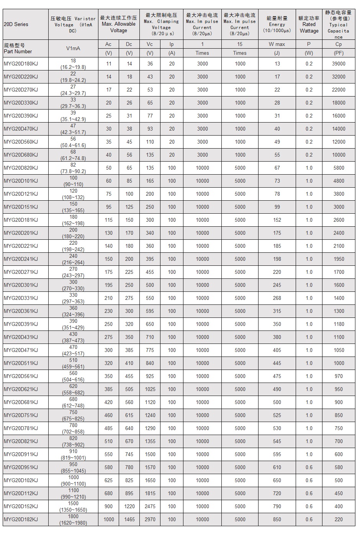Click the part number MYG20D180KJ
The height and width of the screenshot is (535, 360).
(21, 64)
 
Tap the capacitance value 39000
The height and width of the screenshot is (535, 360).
(339, 64)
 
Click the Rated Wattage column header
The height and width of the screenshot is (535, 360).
(309, 24)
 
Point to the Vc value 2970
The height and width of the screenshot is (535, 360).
(150, 520)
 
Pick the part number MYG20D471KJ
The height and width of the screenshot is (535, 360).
(21, 350)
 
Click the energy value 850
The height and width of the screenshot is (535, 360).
(277, 520)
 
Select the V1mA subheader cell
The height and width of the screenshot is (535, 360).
(73, 49)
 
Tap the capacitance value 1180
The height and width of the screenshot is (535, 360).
(339, 324)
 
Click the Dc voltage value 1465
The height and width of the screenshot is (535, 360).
(129, 520)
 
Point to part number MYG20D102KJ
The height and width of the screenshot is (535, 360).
(21, 481)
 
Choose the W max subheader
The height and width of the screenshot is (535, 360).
(277, 44)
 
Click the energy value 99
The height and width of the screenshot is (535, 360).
(277, 207)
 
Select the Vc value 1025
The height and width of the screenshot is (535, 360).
(150, 389)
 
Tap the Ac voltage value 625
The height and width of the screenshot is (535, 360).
(109, 481)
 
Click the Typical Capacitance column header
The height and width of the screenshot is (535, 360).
(339, 24)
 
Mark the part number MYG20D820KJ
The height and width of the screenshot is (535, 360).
(21, 168)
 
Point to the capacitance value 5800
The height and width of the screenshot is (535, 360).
(339, 168)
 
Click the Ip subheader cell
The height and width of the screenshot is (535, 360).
(172, 44)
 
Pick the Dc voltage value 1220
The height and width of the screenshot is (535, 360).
(129, 507)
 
